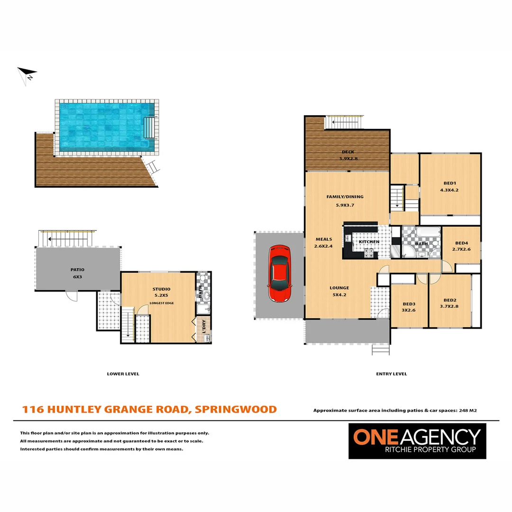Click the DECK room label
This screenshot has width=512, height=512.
(347, 152)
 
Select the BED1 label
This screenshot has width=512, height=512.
(449, 183)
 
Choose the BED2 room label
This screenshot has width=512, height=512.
(450, 300)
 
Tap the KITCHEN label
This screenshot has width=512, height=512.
(369, 242)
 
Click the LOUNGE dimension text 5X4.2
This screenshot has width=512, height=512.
(339, 295)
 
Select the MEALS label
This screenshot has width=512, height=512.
(324, 239)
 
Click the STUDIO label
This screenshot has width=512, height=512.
(161, 289)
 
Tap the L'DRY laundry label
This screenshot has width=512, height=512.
(205, 329)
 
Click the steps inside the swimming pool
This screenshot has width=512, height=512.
(149, 127)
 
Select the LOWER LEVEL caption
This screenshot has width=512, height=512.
(123, 374)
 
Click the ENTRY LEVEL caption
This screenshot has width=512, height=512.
(391, 374)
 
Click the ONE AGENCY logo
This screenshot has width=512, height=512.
(417, 440)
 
